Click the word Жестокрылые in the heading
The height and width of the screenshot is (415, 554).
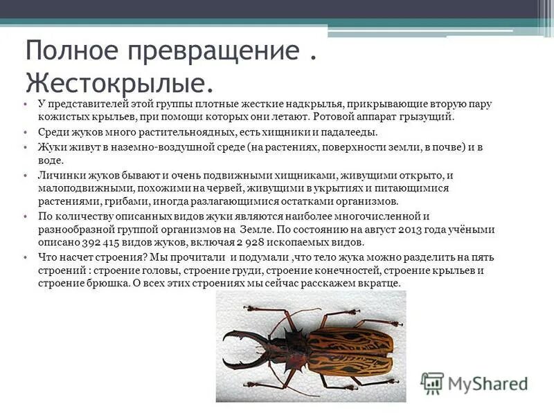pyautogui.click(x=118, y=82)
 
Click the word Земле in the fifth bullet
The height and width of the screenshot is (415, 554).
pyautogui.click(x=256, y=230)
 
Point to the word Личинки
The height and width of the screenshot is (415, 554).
pyautogui.click(x=58, y=175)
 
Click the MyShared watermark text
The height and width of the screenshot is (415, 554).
pyautogui.click(x=488, y=383)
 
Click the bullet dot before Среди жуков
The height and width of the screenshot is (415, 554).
pyautogui.click(x=24, y=132)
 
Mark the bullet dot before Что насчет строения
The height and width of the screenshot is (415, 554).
pyautogui.click(x=24, y=257)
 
